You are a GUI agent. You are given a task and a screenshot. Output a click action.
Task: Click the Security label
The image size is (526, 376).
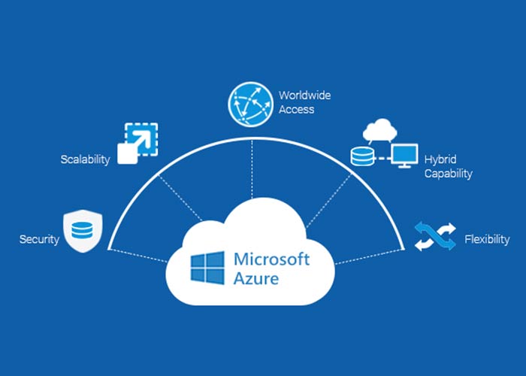pyautogui.click(x=38, y=240)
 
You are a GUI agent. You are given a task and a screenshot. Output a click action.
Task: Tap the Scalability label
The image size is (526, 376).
pyautogui.click(x=85, y=159)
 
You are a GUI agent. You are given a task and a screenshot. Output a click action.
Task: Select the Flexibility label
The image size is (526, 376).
pyautogui.click(x=487, y=240)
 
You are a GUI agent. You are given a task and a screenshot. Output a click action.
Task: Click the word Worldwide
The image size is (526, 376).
pyautogui.click(x=304, y=96)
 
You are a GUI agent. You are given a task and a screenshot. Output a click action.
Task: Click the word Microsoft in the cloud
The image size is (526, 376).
pyautogui.click(x=271, y=259)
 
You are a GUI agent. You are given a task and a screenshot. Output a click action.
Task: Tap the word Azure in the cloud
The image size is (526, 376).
pyautogui.click(x=255, y=279)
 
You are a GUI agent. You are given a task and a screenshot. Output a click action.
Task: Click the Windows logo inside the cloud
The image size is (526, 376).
pyautogui.click(x=207, y=269)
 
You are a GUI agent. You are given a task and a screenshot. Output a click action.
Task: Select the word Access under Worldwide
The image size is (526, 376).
pyautogui.click(x=297, y=110)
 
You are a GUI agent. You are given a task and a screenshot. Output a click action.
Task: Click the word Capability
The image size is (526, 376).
pyautogui.click(x=448, y=174)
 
